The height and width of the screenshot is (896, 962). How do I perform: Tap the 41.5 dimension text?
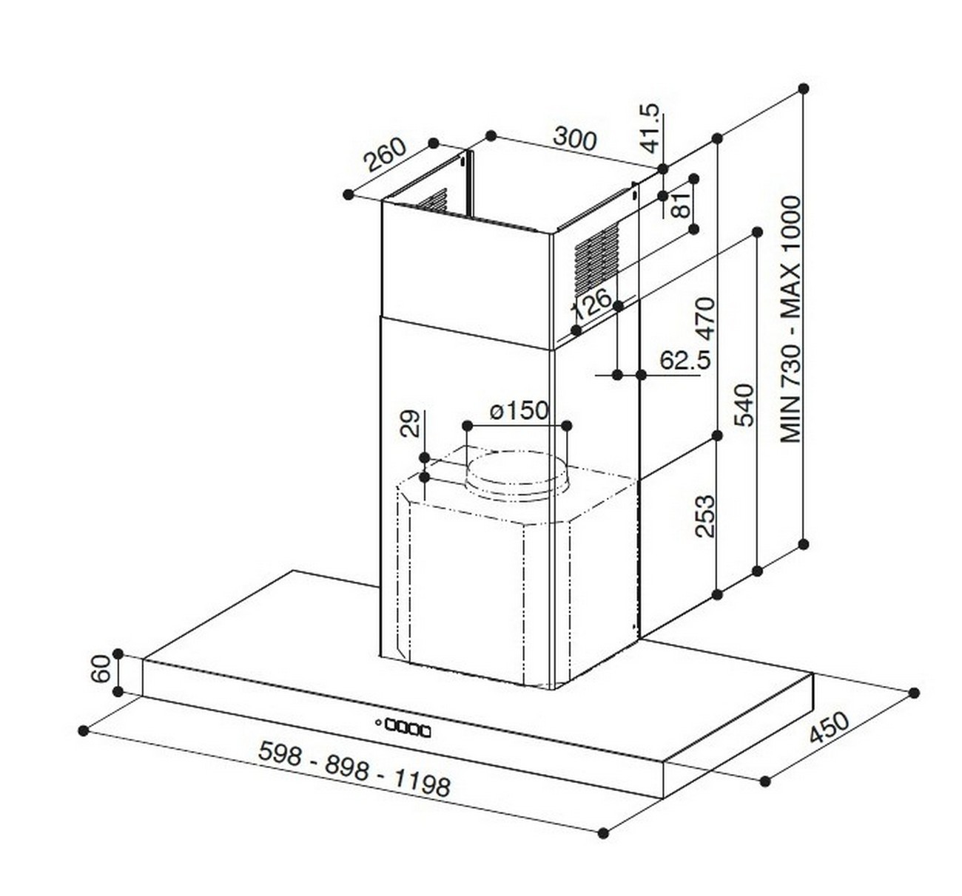tap(649, 129)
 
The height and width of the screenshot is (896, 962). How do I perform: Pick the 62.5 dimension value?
tap(685, 360)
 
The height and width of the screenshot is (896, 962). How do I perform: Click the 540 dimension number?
tap(744, 405)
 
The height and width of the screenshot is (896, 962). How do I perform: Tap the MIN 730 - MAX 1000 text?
tap(790, 319)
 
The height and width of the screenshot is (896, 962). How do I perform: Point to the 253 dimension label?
tap(704, 516)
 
